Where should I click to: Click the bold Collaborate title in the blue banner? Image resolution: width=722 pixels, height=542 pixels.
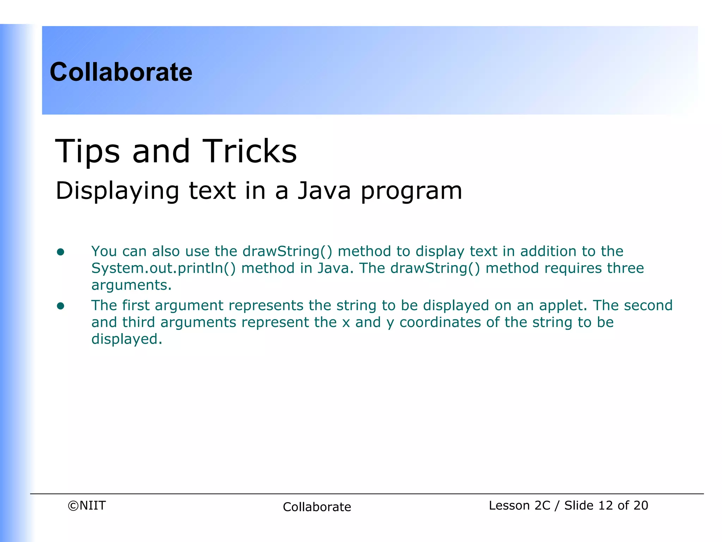click(x=121, y=72)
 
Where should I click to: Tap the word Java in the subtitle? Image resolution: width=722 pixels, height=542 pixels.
click(x=324, y=191)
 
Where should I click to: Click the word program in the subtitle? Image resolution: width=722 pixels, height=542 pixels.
click(x=411, y=191)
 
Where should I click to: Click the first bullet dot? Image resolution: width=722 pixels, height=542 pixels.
click(x=61, y=252)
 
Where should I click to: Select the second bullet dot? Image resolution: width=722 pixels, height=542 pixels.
click(x=61, y=306)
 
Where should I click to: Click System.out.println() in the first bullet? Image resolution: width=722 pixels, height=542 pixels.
click(x=163, y=269)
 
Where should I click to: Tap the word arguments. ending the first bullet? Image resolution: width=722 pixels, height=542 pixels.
click(x=131, y=285)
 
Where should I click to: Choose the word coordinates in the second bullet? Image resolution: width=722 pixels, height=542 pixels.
click(x=440, y=322)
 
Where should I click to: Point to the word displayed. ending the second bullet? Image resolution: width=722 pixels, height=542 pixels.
click(x=127, y=339)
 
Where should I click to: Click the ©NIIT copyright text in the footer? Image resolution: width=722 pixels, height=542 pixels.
click(x=87, y=506)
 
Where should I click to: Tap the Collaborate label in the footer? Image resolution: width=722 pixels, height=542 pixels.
click(x=317, y=507)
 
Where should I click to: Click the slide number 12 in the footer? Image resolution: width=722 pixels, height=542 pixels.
click(x=606, y=506)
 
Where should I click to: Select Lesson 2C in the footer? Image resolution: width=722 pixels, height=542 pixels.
click(x=519, y=506)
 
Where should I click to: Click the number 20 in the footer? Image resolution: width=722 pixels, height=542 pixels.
click(x=641, y=506)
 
